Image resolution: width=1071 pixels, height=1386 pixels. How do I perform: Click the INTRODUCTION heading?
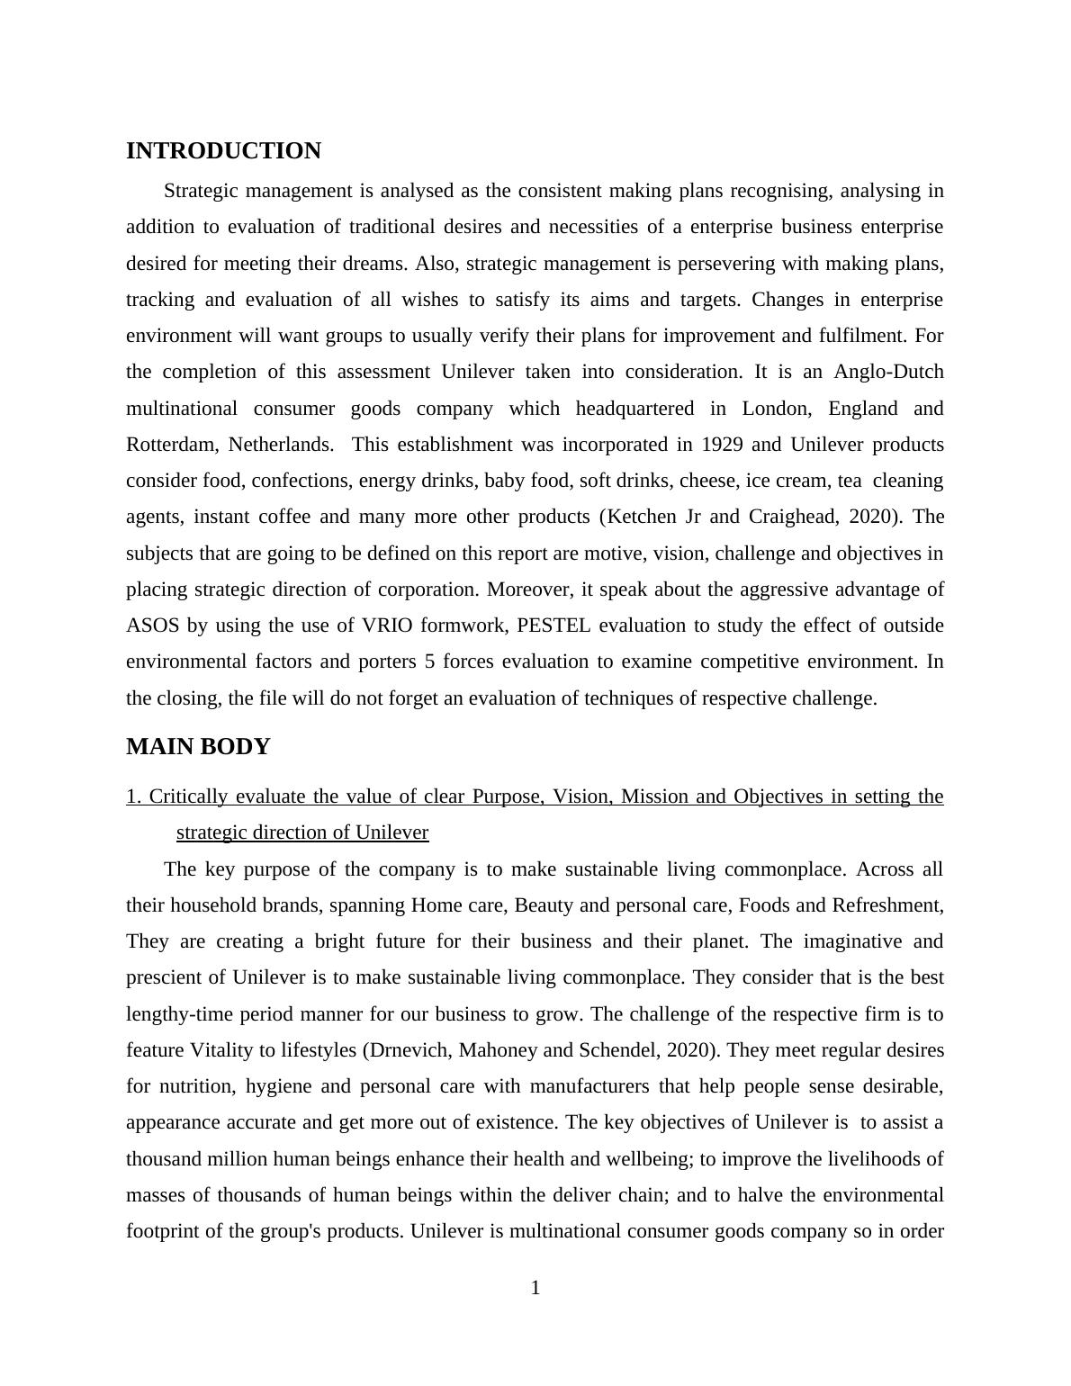click(223, 151)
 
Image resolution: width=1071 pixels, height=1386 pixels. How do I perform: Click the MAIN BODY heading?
click(198, 747)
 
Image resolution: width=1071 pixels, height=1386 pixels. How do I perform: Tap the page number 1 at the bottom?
click(535, 1289)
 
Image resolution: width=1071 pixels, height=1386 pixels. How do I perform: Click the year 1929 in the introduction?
click(723, 445)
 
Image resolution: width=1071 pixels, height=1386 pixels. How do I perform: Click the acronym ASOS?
click(152, 625)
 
